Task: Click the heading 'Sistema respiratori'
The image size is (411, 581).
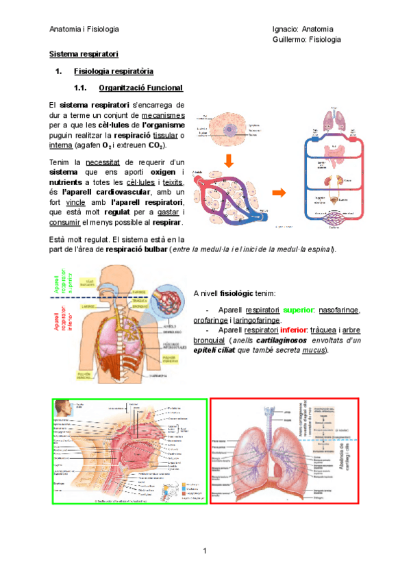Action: pos(84,53)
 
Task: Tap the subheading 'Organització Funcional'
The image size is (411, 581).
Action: pos(140,88)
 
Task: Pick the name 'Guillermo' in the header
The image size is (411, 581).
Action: pos(289,40)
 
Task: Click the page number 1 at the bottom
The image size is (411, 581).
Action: pos(205,552)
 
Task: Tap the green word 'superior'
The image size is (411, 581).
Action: pos(298,310)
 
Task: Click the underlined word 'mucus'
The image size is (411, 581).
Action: pos(313,350)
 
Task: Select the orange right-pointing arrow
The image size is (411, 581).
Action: pos(280,193)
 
